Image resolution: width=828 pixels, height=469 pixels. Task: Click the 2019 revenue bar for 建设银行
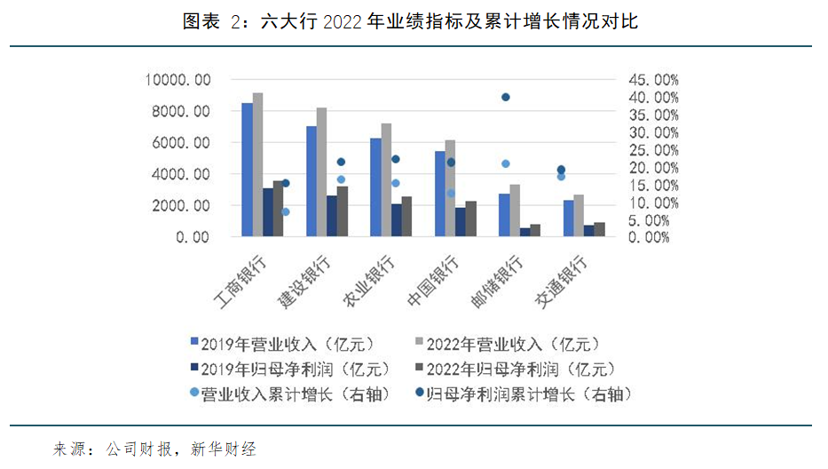coord(311,181)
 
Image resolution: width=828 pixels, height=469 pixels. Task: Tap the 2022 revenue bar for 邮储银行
coord(515,211)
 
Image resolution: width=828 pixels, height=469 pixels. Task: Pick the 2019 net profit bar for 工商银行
coord(268,212)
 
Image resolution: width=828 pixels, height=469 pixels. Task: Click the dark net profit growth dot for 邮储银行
coord(506,97)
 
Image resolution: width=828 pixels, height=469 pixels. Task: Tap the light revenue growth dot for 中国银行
coord(452,193)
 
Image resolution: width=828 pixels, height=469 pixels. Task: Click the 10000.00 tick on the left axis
coord(178,80)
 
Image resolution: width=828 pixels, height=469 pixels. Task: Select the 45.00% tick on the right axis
coord(655,80)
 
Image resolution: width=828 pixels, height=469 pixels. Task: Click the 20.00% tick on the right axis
coord(655,168)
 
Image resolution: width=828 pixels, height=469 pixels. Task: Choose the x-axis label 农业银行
coord(370,282)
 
